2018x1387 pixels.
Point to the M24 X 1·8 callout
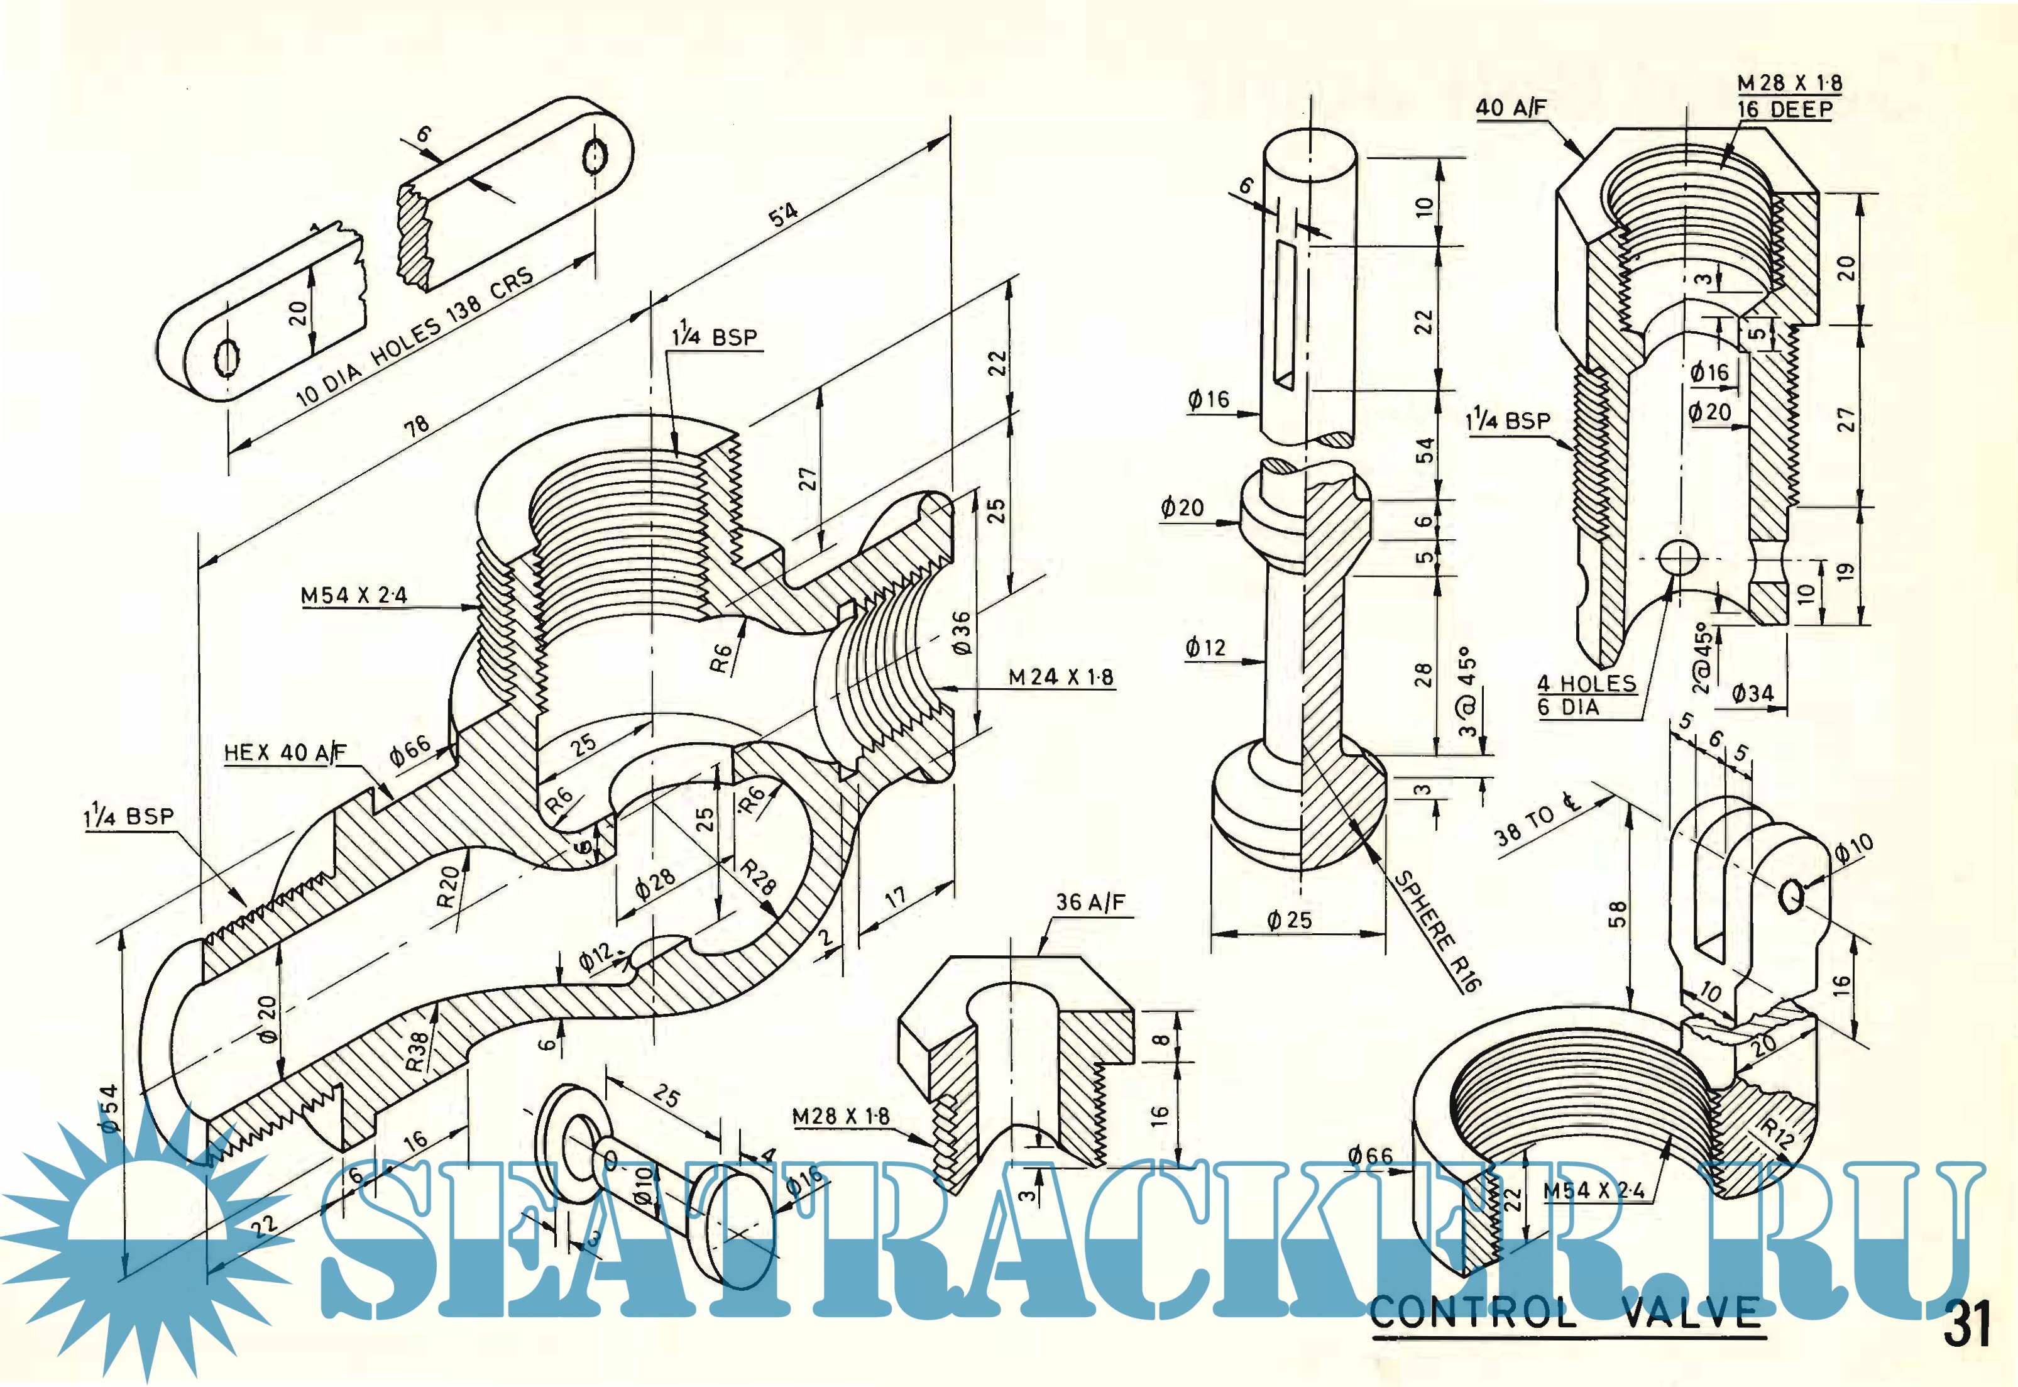point(1060,676)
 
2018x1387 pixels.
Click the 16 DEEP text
point(1784,109)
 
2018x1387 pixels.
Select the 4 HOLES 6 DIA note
point(1586,695)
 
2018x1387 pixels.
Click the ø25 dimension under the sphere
point(1289,919)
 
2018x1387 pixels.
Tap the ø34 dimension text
point(1752,693)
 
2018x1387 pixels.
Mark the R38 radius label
point(418,1050)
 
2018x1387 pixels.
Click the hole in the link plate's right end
point(595,156)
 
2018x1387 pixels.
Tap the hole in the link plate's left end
point(227,356)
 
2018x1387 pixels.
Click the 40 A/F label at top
point(1511,107)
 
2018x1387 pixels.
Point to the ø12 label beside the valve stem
point(1205,647)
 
